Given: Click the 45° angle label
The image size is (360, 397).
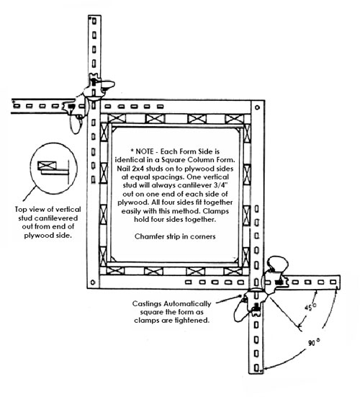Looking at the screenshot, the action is coord(310,307).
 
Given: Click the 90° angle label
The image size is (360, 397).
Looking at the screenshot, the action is coord(314,342).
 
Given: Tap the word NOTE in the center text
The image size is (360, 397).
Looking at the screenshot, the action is coord(145,151).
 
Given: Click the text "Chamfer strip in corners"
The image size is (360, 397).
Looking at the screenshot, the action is coord(175,236).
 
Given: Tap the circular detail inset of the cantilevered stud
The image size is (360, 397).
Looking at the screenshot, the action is coord(53,168).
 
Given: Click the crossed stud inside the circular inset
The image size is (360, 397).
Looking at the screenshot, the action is coord(47,166).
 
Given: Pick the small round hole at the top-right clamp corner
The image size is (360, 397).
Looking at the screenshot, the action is coord(258,107).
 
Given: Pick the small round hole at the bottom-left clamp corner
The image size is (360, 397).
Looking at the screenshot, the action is coord(93,282).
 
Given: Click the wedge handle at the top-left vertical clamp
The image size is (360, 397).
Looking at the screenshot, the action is coord(108,84).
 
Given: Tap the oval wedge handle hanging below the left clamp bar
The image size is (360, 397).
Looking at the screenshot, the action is coord(76,125).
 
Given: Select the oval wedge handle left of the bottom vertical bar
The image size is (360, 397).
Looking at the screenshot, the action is coord(241,311).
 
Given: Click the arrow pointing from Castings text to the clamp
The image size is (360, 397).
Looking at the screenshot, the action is coord(228,300).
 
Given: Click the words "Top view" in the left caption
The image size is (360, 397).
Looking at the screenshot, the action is coord(27,210).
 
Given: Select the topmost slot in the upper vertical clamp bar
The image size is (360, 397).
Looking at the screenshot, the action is coord(94,21).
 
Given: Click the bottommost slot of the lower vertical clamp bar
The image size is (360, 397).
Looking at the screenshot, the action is coord(256,367).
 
